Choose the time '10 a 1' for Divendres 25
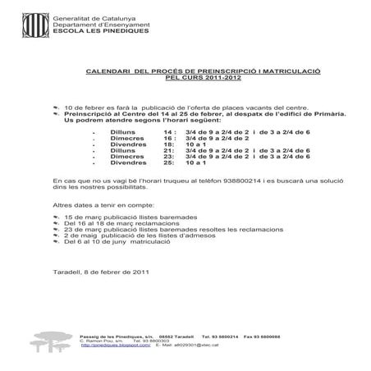(195, 164)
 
